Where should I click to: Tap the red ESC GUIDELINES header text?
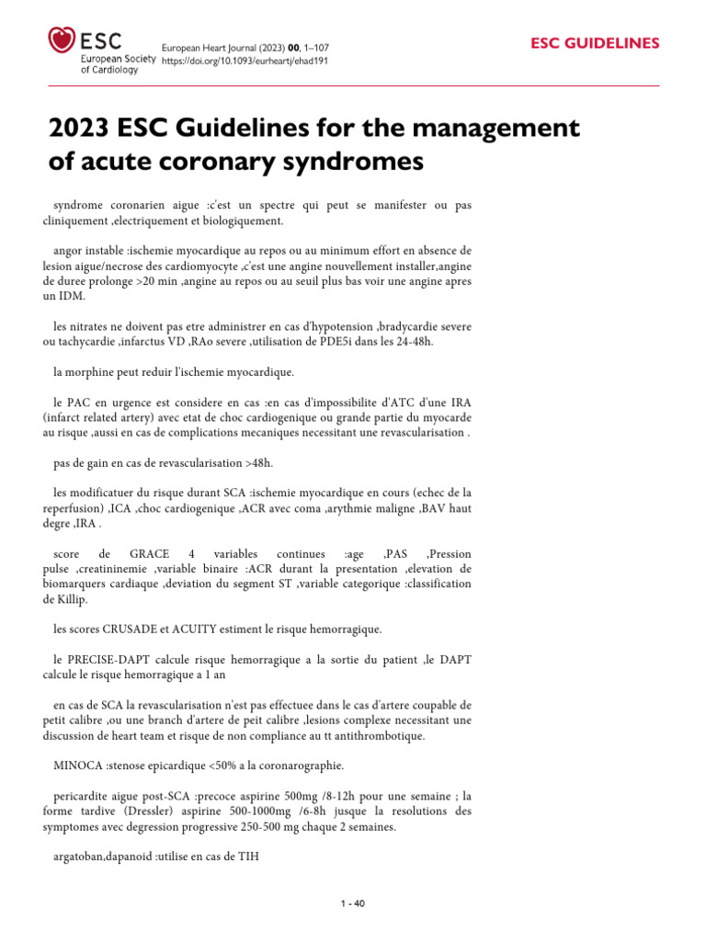click(596, 43)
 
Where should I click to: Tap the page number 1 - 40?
click(353, 903)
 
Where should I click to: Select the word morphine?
click(94, 371)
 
